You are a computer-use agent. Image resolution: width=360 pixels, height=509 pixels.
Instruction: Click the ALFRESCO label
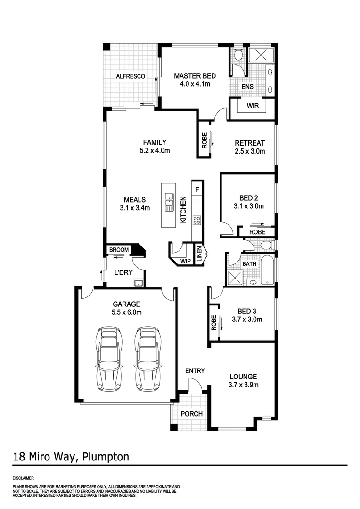tap(131, 76)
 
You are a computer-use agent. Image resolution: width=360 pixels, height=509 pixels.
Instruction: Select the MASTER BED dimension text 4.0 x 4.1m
tap(195, 84)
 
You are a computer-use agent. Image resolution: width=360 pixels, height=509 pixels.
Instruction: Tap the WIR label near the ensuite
tap(253, 106)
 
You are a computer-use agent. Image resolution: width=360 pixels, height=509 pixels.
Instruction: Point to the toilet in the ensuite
tap(238, 56)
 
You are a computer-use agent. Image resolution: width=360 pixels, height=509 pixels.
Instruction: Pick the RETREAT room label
tap(250, 143)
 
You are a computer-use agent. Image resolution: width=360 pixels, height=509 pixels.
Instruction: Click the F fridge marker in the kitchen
tap(197, 189)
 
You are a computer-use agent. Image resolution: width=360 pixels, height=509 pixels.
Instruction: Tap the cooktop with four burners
tap(196, 220)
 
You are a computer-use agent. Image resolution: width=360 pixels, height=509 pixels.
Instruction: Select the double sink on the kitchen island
tap(169, 203)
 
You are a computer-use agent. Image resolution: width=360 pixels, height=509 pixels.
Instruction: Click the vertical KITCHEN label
tap(183, 210)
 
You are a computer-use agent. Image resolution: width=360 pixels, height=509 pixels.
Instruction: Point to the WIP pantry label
tap(185, 260)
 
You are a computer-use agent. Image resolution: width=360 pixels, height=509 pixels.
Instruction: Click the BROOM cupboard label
tap(119, 250)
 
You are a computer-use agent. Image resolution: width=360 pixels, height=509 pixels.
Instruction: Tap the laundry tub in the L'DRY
tap(138, 283)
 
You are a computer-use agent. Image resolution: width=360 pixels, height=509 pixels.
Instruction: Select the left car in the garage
tap(108, 359)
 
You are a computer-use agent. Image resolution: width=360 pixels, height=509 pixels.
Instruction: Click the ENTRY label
tap(195, 371)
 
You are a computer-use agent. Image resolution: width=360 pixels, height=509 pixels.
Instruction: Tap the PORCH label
tap(192, 414)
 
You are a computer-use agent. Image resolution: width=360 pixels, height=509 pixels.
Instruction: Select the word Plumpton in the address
tap(106, 457)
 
